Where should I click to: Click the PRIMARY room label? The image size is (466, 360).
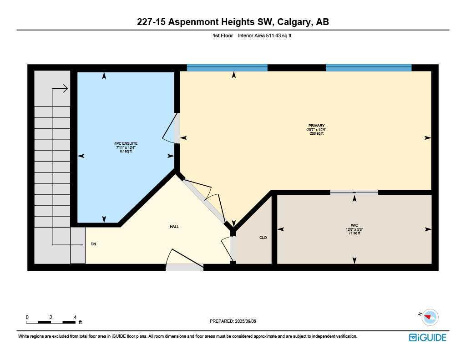pyautogui.click(x=316, y=126)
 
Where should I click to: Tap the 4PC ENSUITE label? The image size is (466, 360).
pyautogui.click(x=126, y=143)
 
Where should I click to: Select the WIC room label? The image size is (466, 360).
pyautogui.click(x=354, y=226)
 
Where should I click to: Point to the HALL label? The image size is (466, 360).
pyautogui.click(x=174, y=227)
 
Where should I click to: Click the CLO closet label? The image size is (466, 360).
pyautogui.click(x=263, y=238)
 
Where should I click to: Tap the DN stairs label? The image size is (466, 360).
pyautogui.click(x=93, y=244)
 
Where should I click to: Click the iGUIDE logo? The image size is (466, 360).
pyautogui.click(x=428, y=338)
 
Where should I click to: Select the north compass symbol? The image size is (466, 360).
pyautogui.click(x=430, y=317)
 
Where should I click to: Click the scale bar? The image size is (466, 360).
pyautogui.click(x=51, y=322)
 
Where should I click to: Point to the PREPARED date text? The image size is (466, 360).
pyautogui.click(x=233, y=321)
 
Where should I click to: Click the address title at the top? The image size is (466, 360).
pyautogui.click(x=233, y=22)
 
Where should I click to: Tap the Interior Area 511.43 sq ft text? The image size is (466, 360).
pyautogui.click(x=264, y=35)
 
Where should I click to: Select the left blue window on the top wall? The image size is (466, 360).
pyautogui.click(x=227, y=68)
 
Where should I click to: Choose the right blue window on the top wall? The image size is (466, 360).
pyautogui.click(x=369, y=68)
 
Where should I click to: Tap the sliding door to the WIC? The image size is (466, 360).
pyautogui.click(x=354, y=193)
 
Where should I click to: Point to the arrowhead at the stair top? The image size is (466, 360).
pyautogui.click(x=66, y=89)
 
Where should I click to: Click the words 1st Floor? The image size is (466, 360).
pyautogui.click(x=223, y=35)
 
